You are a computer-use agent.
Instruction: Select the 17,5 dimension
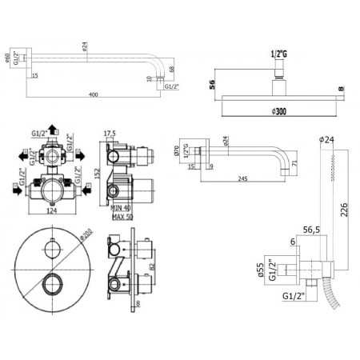[110, 133]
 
